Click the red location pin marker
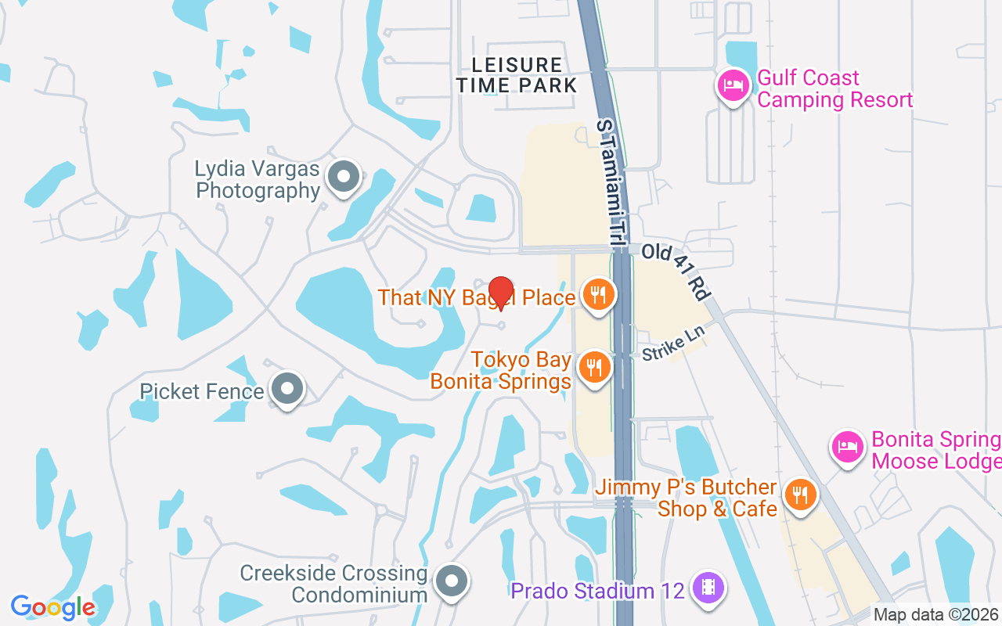500,293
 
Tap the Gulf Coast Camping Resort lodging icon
732,85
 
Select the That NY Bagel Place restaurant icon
598,295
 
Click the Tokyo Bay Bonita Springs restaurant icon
594,366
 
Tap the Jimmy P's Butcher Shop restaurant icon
799,495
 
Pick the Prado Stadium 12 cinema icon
708,587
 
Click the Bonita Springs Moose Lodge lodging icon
846,447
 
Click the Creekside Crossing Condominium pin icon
451,581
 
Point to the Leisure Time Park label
517,75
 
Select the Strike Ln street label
673,343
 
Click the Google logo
52,606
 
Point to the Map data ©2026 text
935,614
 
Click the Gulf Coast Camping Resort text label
834,89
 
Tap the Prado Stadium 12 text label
597,590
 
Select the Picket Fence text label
202,391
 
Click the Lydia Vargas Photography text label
258,180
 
